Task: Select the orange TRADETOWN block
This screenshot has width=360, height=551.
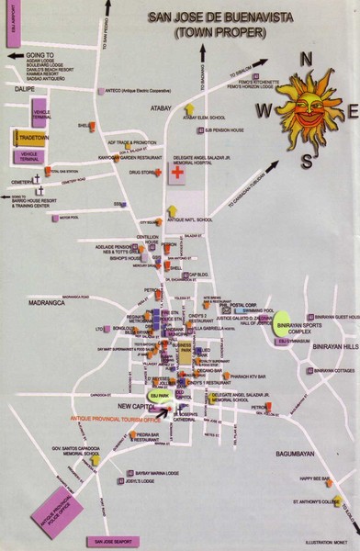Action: tap(35, 139)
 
